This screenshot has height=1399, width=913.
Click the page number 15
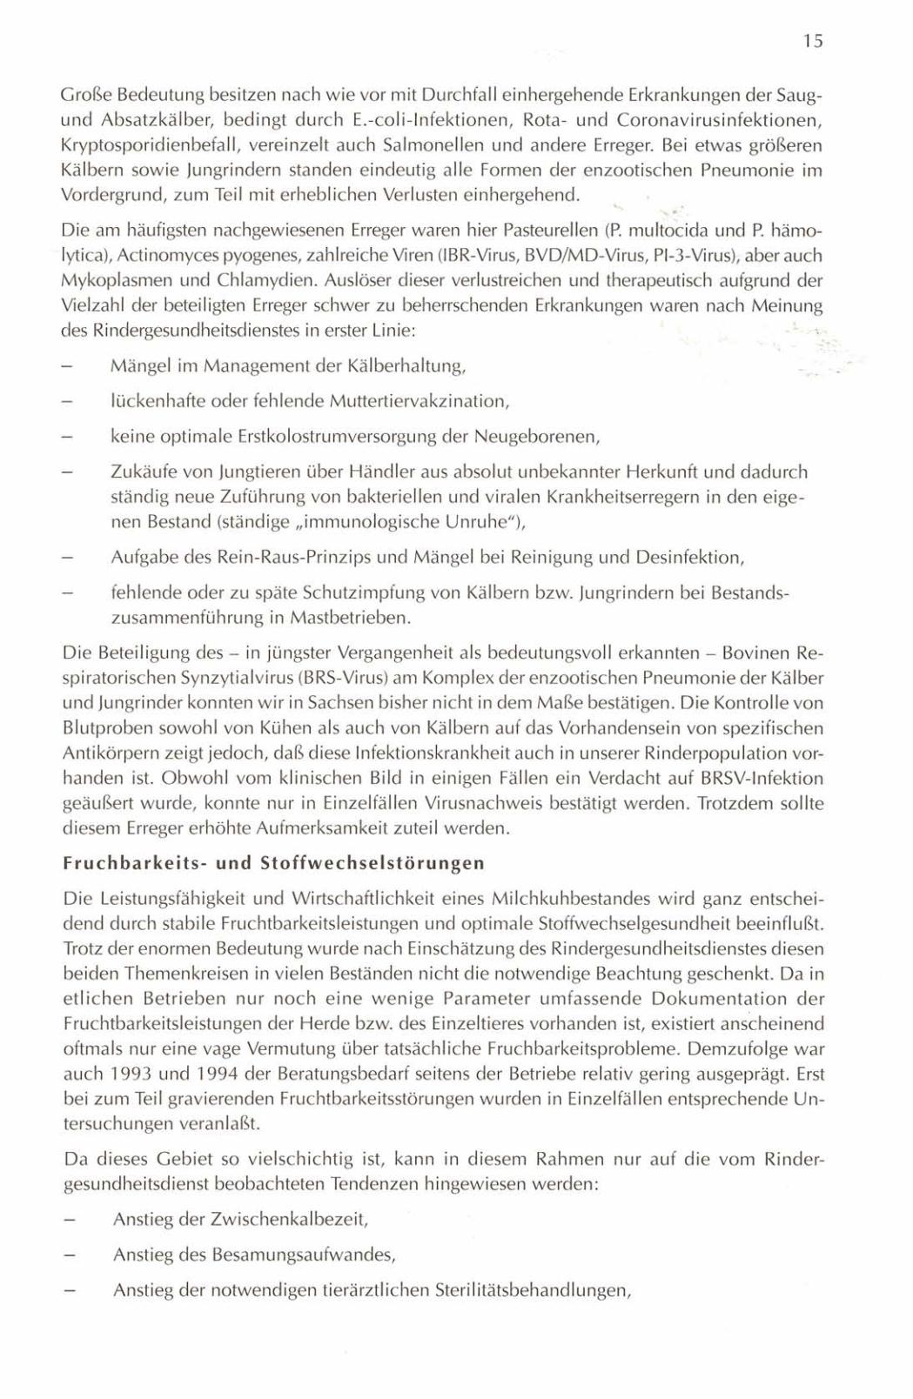coord(813,41)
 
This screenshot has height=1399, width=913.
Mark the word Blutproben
coord(99,727)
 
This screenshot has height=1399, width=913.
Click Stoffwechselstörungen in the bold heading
coord(373,863)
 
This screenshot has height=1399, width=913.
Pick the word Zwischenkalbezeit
coord(289,1219)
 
